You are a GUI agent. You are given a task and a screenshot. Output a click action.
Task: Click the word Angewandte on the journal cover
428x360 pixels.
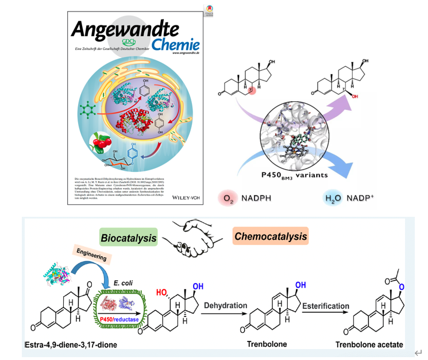click(124, 27)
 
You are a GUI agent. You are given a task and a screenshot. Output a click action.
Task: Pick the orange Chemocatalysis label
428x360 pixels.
click(270, 236)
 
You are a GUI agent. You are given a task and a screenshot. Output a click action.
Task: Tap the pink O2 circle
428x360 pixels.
click(228, 199)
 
